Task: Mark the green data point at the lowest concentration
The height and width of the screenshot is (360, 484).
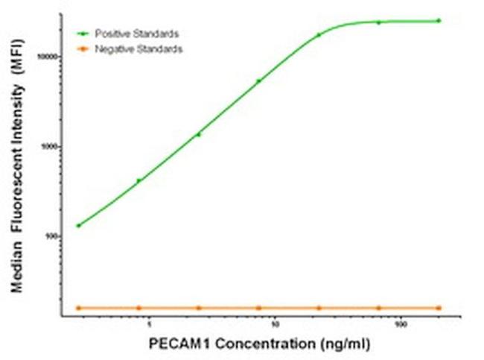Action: coord(78,225)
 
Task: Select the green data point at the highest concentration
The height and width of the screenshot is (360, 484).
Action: coord(439,20)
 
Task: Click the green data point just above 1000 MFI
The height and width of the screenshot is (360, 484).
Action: coord(198,134)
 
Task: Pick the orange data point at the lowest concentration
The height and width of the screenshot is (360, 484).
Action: coord(78,308)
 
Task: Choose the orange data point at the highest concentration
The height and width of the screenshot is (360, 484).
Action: coord(439,308)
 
